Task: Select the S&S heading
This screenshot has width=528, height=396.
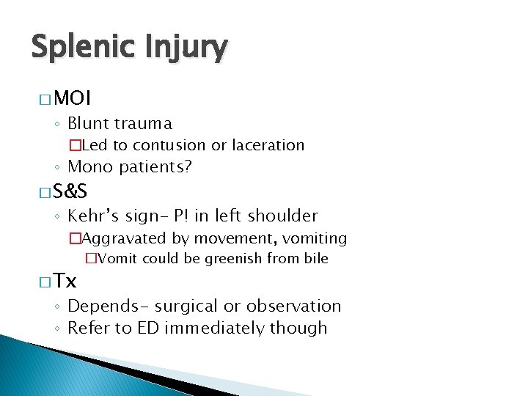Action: click(x=70, y=192)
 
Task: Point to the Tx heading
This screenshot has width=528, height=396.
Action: click(x=65, y=281)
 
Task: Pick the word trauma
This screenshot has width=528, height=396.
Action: click(x=146, y=123)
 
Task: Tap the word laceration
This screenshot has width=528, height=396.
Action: click(x=268, y=145)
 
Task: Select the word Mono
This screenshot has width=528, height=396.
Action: click(x=90, y=167)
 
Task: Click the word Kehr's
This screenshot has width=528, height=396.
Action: click(x=93, y=216)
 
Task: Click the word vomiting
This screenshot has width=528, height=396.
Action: click(x=313, y=238)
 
